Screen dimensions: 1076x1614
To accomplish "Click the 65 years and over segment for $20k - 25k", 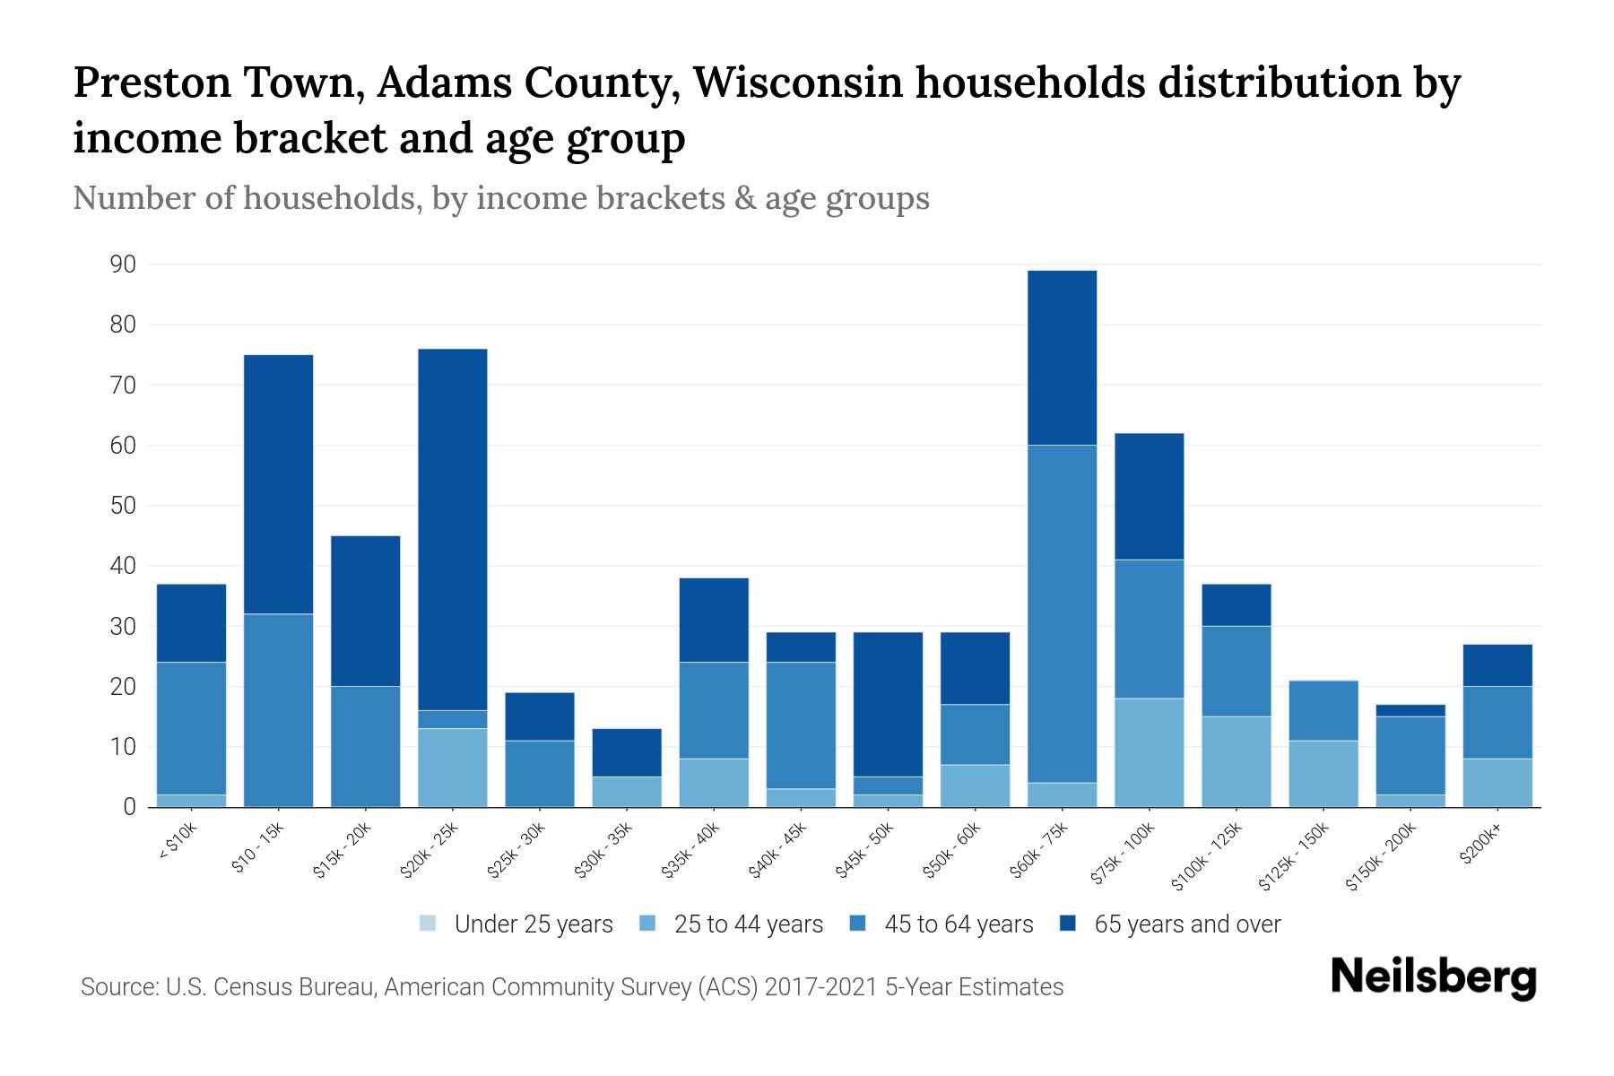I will [x=453, y=529].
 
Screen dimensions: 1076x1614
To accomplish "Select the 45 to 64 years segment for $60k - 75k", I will [x=1063, y=614].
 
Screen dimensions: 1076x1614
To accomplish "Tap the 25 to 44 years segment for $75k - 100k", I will [x=1150, y=752].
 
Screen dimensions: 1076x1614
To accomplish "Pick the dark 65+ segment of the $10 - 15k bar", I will [x=279, y=484].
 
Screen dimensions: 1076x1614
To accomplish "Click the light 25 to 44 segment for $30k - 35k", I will [x=627, y=792].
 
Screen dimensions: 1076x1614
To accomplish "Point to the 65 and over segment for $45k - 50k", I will [x=888, y=704].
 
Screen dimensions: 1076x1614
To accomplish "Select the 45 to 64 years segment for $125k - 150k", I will [x=1323, y=710].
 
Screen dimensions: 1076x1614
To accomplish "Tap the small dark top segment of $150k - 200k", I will [x=1410, y=710].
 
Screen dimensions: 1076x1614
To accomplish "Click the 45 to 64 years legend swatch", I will [x=858, y=924].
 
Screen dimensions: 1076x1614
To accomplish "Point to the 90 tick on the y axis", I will [x=124, y=265].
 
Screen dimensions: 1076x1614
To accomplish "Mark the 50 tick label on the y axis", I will [x=124, y=506].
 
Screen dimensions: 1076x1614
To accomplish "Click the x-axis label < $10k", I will [x=178, y=842].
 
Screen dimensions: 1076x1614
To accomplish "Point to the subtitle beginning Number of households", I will [x=501, y=198].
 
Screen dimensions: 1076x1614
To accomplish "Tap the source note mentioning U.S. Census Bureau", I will [x=572, y=987].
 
